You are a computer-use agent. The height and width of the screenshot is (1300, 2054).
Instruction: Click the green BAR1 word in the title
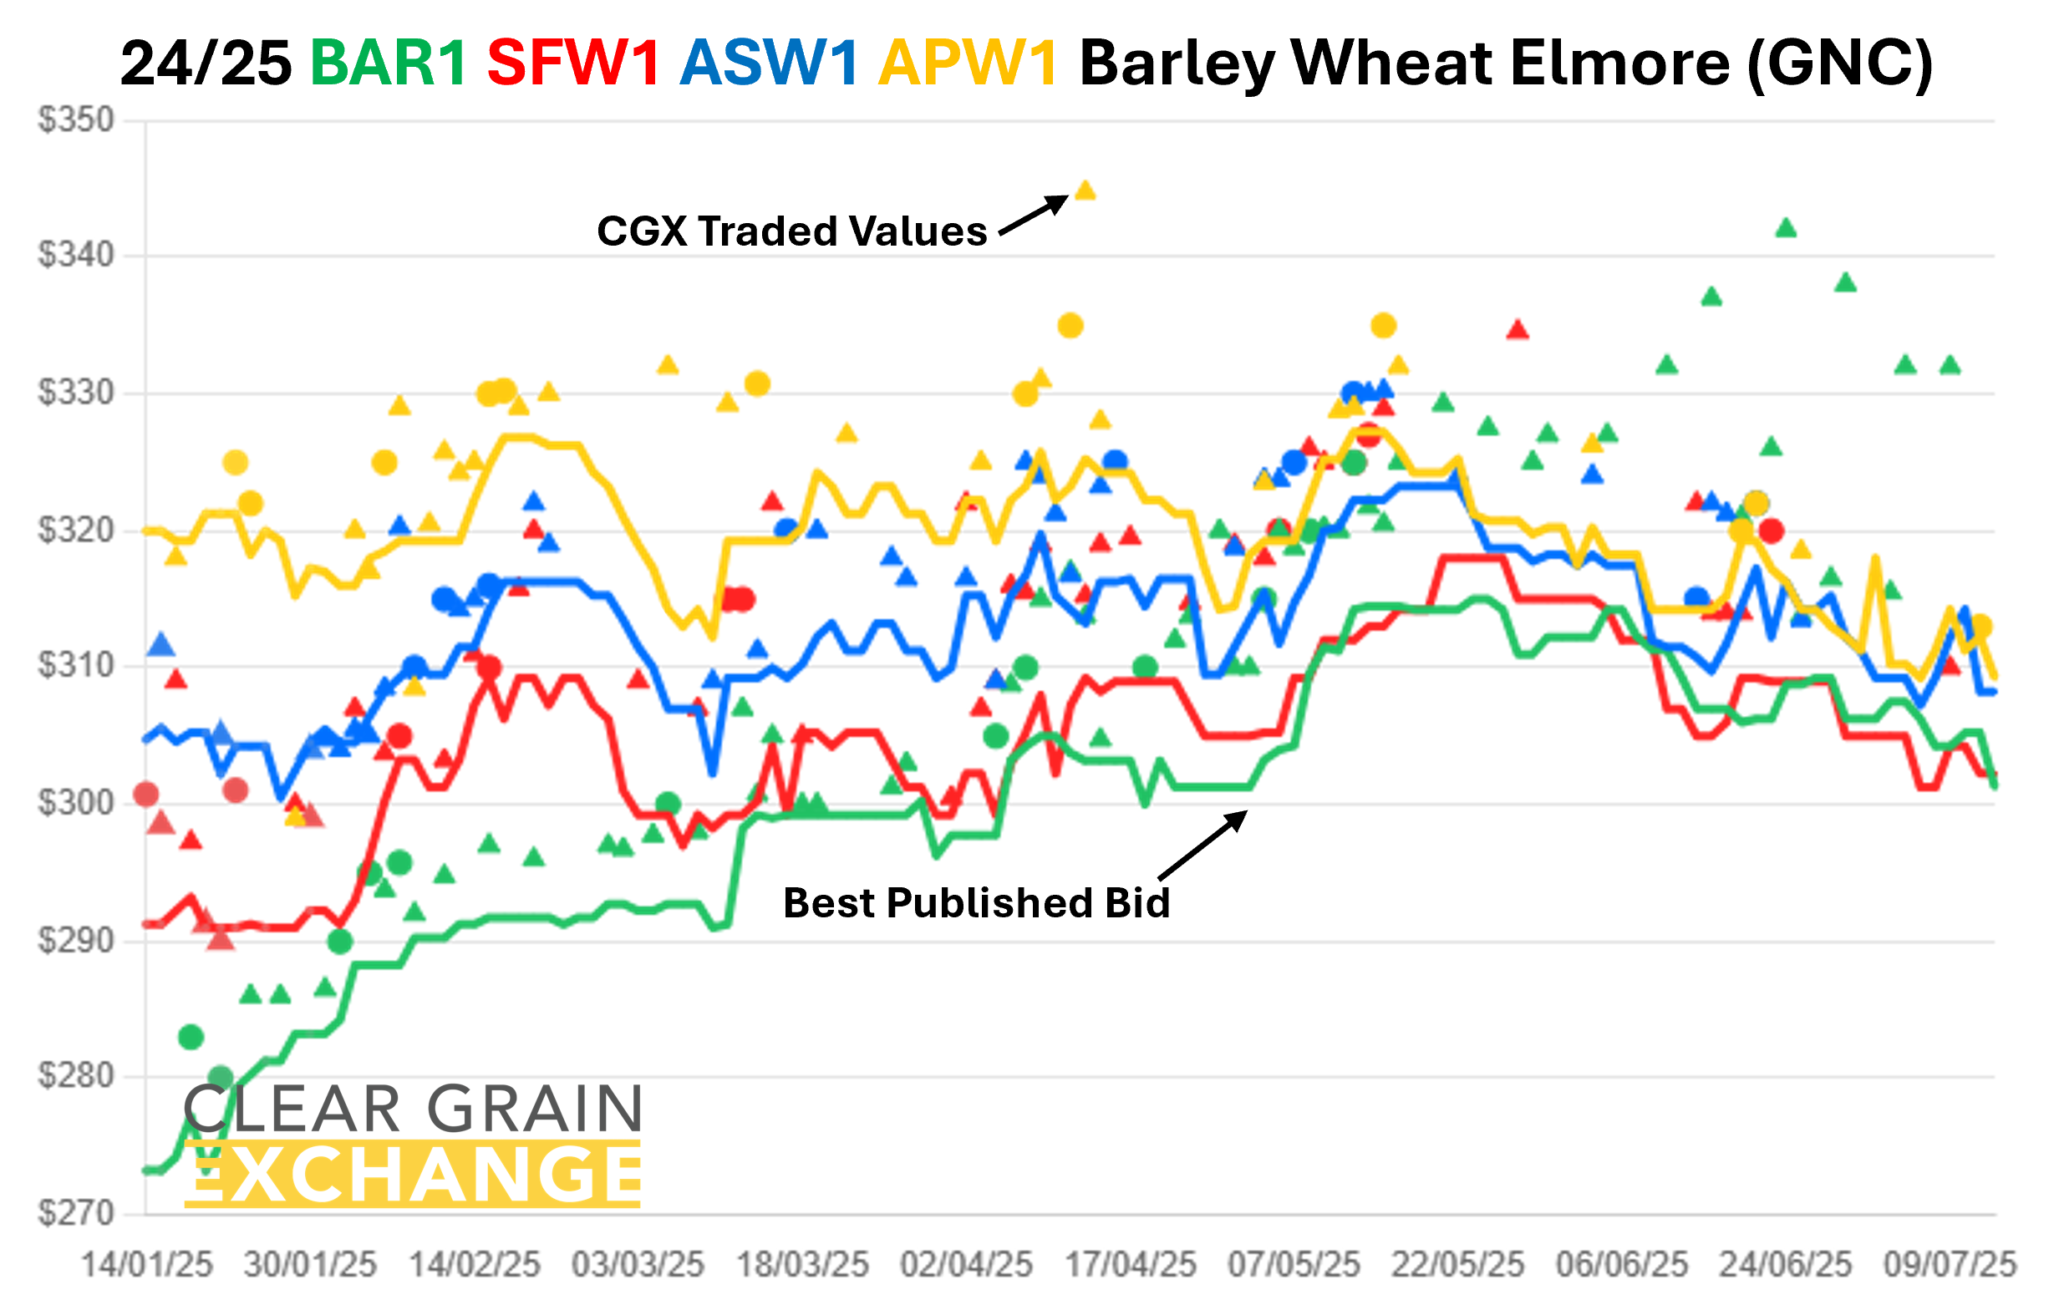tap(388, 64)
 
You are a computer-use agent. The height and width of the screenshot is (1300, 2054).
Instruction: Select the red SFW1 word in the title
tap(573, 64)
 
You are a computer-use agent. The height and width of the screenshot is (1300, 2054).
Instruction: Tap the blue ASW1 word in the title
tap(769, 64)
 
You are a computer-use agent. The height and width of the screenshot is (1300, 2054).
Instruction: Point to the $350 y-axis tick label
tap(76, 120)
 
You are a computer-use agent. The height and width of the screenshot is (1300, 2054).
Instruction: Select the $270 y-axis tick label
tap(76, 1213)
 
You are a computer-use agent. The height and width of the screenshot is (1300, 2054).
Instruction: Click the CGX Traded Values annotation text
tap(791, 231)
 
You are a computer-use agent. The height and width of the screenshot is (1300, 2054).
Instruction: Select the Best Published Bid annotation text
tap(976, 903)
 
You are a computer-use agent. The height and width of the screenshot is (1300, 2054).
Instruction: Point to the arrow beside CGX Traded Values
tap(1033, 216)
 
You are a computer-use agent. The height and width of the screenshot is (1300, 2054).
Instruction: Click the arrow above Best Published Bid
tap(1202, 845)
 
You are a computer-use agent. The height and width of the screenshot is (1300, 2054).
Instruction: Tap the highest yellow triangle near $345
tap(1085, 190)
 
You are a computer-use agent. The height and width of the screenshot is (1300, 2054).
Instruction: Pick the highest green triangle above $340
tap(1786, 229)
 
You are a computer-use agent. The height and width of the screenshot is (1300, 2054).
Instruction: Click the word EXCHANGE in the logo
tap(413, 1176)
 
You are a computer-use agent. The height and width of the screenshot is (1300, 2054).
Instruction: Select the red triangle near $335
tap(1518, 330)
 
